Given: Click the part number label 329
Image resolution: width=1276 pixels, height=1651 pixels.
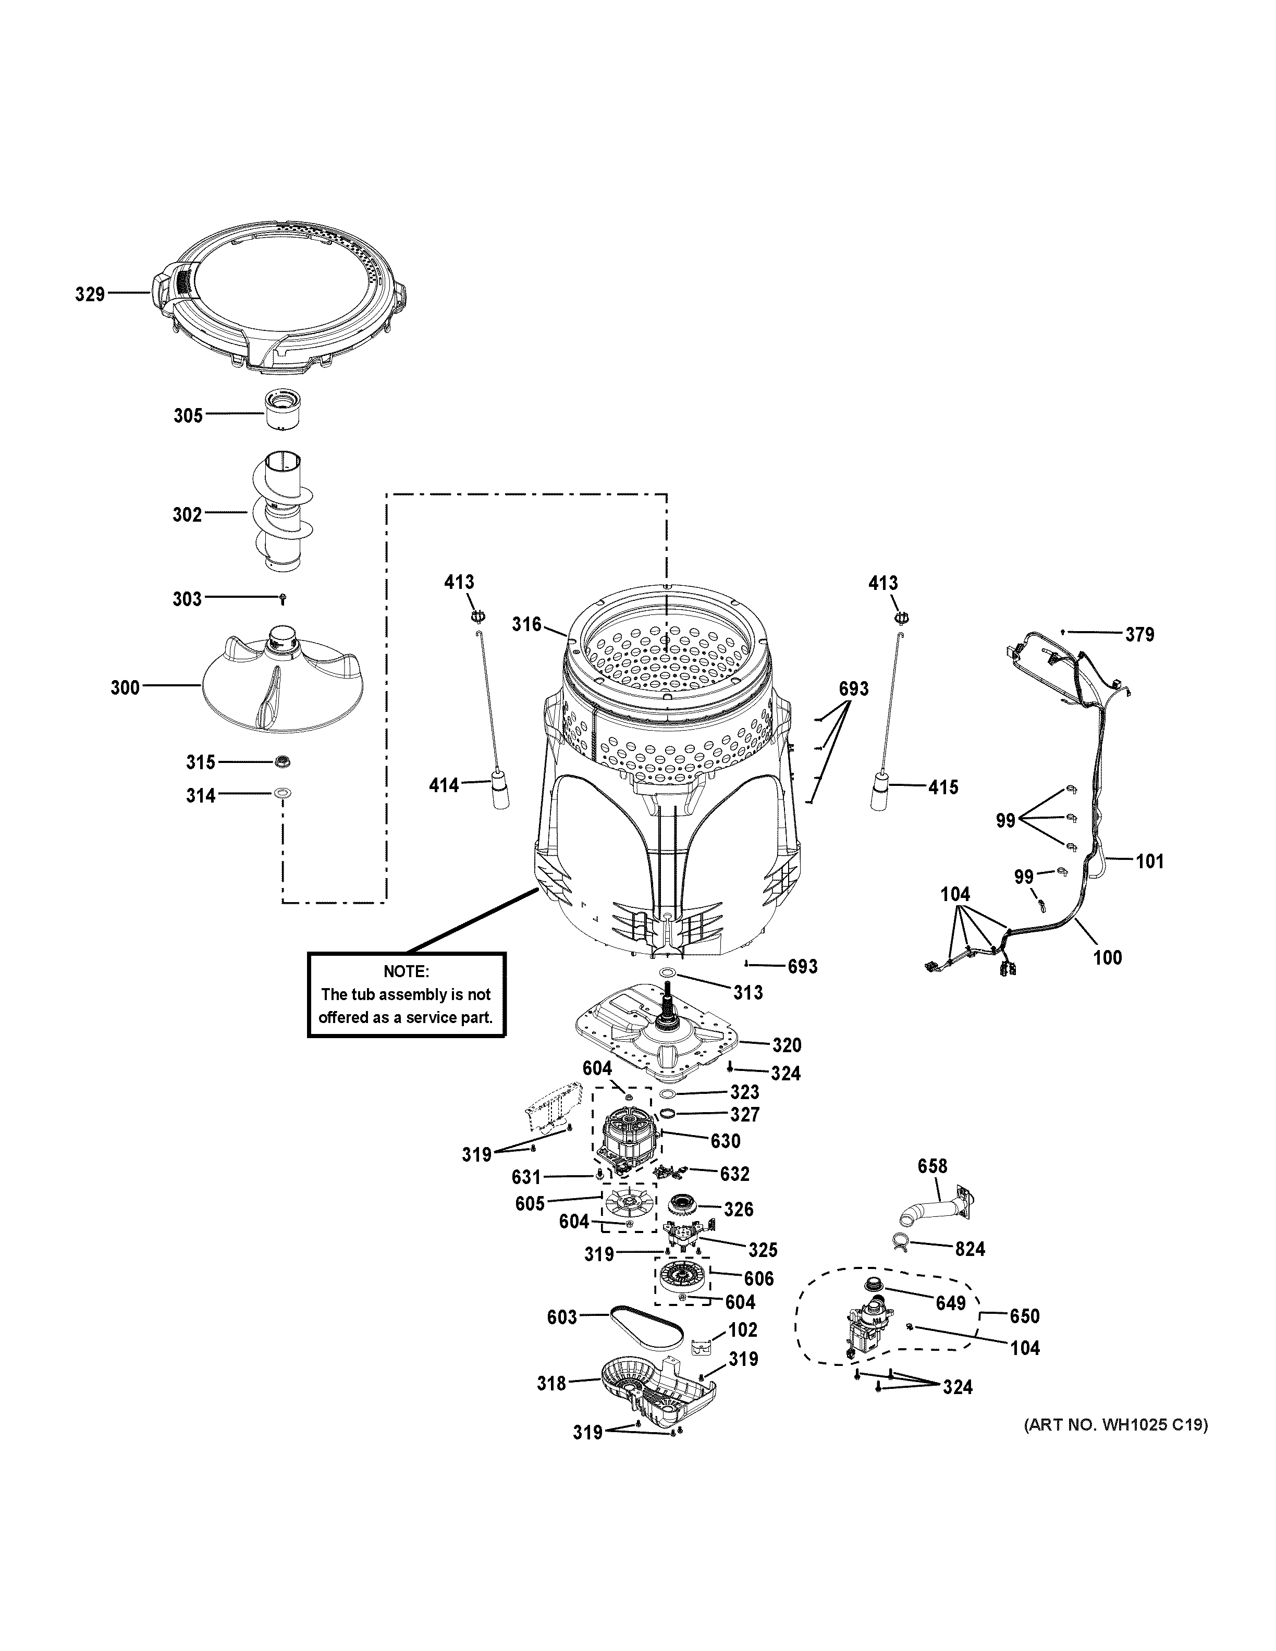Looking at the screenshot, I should (89, 294).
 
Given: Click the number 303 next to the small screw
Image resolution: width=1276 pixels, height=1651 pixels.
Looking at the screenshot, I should (187, 599).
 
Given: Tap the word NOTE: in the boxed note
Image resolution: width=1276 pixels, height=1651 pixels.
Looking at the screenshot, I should (406, 971).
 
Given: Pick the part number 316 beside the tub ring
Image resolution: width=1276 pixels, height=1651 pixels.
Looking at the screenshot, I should (527, 624).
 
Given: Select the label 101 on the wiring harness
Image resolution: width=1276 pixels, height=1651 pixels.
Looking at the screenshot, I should (1150, 861).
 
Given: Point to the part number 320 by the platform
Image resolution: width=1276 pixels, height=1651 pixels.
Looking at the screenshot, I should (786, 1045).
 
